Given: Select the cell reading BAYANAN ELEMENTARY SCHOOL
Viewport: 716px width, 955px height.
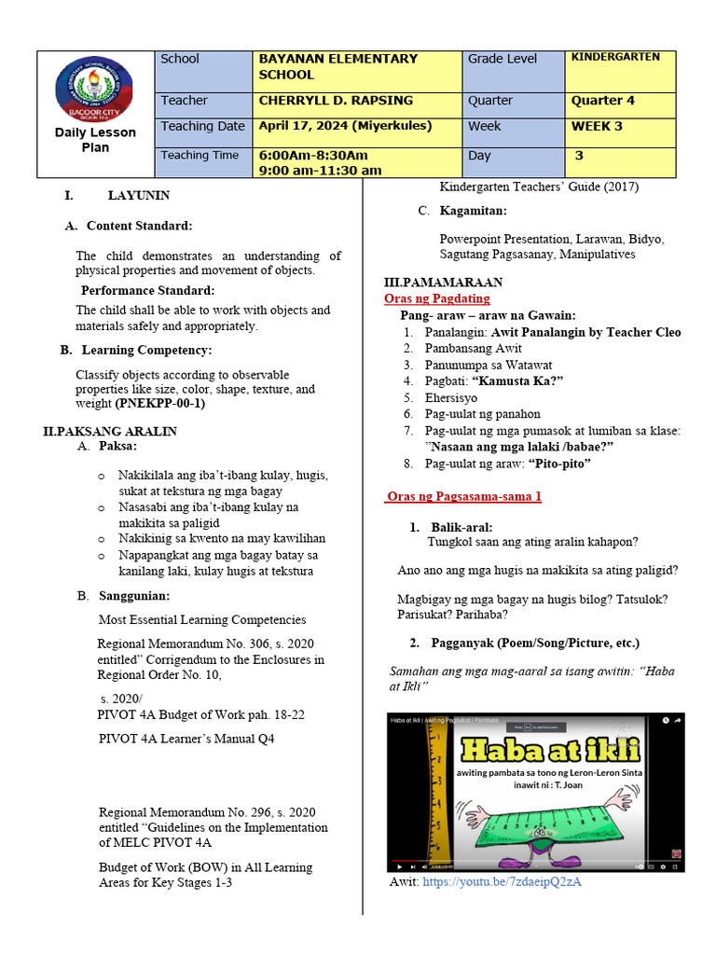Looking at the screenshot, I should [x=337, y=66].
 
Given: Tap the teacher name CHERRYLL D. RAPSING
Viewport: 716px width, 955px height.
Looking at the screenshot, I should [x=335, y=101].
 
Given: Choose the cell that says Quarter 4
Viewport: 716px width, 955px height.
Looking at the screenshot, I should [x=603, y=101].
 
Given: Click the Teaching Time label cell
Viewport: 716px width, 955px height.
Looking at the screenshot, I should [x=200, y=156].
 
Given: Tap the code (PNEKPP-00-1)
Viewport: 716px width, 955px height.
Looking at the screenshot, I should [x=160, y=404].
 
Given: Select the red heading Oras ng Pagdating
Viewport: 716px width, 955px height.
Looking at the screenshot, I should [x=436, y=298].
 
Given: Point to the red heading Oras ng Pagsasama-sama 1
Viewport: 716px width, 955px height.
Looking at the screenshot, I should [x=463, y=497].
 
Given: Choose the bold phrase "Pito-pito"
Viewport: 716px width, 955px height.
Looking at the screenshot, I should [x=560, y=463].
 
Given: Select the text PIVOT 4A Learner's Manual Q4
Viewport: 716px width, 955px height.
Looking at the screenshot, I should [x=186, y=739].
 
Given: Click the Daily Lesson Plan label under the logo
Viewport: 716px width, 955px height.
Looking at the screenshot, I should [x=95, y=140].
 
